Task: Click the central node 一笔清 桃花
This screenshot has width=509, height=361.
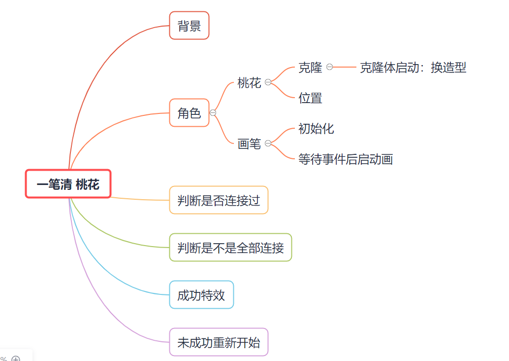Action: [x=68, y=184]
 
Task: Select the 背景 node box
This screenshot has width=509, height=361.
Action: [x=190, y=26]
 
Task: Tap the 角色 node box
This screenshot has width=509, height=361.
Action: [x=190, y=113]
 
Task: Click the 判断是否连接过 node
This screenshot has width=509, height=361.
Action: [x=219, y=200]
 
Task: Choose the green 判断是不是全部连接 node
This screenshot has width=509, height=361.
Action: [x=230, y=248]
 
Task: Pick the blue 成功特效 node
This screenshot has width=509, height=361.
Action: [x=201, y=295]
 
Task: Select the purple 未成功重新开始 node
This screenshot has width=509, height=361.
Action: [x=219, y=342]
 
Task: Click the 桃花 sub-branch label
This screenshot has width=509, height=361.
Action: [x=249, y=82]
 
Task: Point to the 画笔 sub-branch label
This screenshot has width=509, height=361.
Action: [x=249, y=144]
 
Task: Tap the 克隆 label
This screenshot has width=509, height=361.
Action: [x=310, y=68]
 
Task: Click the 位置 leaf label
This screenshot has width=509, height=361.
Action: [x=310, y=98]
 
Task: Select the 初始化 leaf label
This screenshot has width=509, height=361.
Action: [x=316, y=129]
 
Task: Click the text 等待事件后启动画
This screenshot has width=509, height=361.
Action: [x=346, y=159]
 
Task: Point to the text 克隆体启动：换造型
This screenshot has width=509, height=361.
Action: [x=413, y=68]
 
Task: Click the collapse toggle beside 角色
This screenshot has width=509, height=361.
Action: [x=213, y=113]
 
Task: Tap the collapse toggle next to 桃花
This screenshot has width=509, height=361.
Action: [x=268, y=82]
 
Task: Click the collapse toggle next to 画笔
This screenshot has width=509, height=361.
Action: [x=268, y=144]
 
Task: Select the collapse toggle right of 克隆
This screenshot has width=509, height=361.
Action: [x=329, y=67]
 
